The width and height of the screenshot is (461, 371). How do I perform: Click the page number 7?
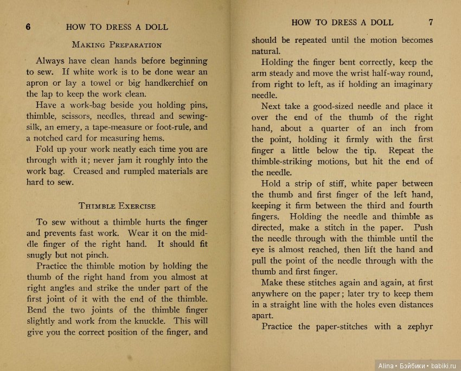[x=430, y=23]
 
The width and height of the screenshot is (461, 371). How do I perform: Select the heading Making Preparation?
[x=117, y=44]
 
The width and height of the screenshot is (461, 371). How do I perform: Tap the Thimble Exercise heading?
[x=117, y=206]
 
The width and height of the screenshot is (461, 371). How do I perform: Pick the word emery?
[x=76, y=127]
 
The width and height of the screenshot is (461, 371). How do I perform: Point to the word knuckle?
[x=135, y=321]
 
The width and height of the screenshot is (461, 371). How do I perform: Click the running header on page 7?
[x=342, y=23]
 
